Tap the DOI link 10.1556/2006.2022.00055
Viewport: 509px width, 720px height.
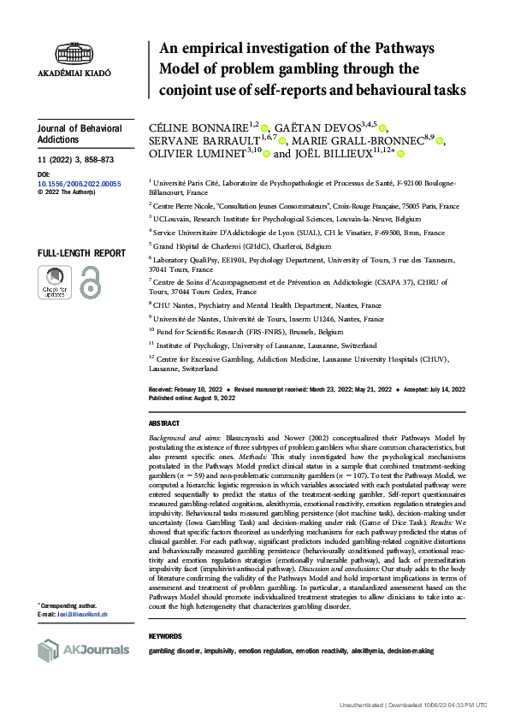coord(79,183)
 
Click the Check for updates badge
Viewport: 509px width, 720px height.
coord(56,283)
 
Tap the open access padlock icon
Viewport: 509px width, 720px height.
coord(89,283)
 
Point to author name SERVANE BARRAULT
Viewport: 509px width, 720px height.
coord(200,141)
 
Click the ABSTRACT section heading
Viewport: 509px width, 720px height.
coord(164,423)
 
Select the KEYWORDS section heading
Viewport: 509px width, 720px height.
coord(166,636)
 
